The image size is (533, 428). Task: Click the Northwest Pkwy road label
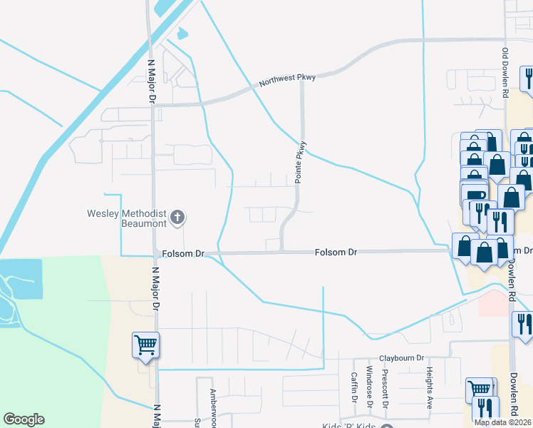tap(287, 78)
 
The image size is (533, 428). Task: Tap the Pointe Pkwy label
tap(301, 162)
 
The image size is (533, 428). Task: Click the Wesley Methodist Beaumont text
tap(126, 218)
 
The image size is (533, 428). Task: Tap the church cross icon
tap(178, 217)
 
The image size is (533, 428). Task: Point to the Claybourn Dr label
tap(400, 358)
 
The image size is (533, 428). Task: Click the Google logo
tap(24, 419)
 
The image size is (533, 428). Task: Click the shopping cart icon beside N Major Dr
tap(145, 346)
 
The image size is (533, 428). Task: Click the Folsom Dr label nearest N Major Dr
tap(182, 253)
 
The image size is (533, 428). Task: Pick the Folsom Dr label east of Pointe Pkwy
tap(336, 253)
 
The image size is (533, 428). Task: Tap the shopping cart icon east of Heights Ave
tap(479, 390)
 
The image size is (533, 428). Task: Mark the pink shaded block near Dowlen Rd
tap(493, 302)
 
